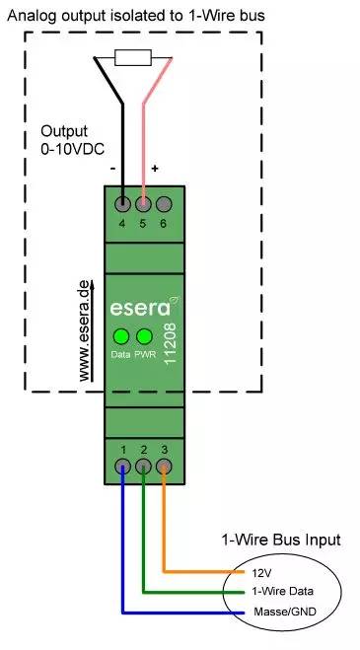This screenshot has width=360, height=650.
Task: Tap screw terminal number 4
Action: (122, 205)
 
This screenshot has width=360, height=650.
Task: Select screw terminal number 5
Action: (143, 205)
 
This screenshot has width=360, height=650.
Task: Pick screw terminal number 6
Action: (164, 205)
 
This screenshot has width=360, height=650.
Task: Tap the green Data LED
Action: (121, 335)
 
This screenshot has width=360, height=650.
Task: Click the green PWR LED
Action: (144, 335)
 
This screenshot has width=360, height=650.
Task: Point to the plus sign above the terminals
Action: (155, 170)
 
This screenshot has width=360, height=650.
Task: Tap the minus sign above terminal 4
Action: (114, 169)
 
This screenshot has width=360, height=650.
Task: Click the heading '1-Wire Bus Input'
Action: (280, 540)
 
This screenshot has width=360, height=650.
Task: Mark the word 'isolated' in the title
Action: (133, 16)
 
